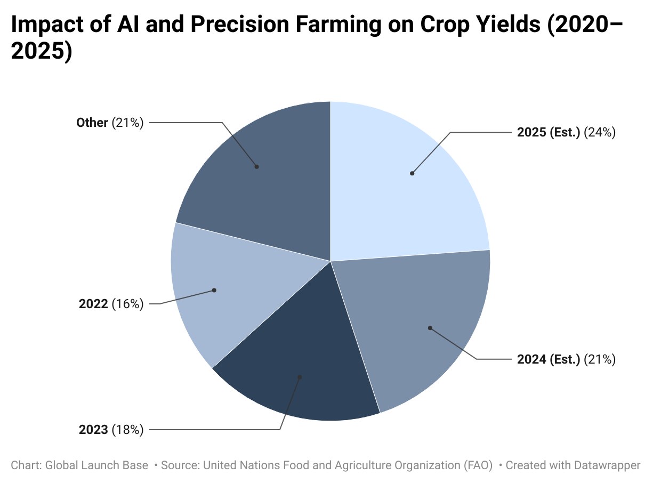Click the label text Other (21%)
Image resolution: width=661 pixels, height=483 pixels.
pyautogui.click(x=110, y=123)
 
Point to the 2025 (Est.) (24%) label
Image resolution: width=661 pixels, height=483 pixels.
pyautogui.click(x=566, y=132)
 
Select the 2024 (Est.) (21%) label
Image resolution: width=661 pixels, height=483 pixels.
pyautogui.click(x=566, y=359)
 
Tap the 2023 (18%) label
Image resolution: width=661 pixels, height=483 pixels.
pyautogui.click(x=111, y=430)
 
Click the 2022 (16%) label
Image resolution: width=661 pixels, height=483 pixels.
pyautogui.click(x=111, y=304)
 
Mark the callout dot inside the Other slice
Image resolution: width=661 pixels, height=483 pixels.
pyautogui.click(x=257, y=167)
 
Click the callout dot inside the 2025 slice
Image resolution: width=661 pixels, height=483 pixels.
pyautogui.click(x=412, y=173)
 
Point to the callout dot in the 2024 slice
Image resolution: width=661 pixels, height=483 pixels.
pyautogui.click(x=430, y=328)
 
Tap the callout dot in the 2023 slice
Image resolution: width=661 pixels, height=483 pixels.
pyautogui.click(x=300, y=377)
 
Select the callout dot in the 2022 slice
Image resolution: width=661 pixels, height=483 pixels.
pyautogui.click(x=214, y=291)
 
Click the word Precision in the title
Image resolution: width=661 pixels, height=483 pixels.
pyautogui.click(x=240, y=24)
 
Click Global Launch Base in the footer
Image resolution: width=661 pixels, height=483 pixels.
pyautogui.click(x=96, y=465)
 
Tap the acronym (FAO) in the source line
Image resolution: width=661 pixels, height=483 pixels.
pyautogui.click(x=478, y=465)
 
